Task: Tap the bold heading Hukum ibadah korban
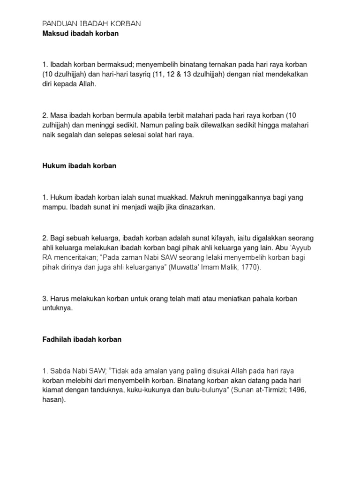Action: click(x=79, y=166)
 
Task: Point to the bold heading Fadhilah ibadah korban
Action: click(x=82, y=339)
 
